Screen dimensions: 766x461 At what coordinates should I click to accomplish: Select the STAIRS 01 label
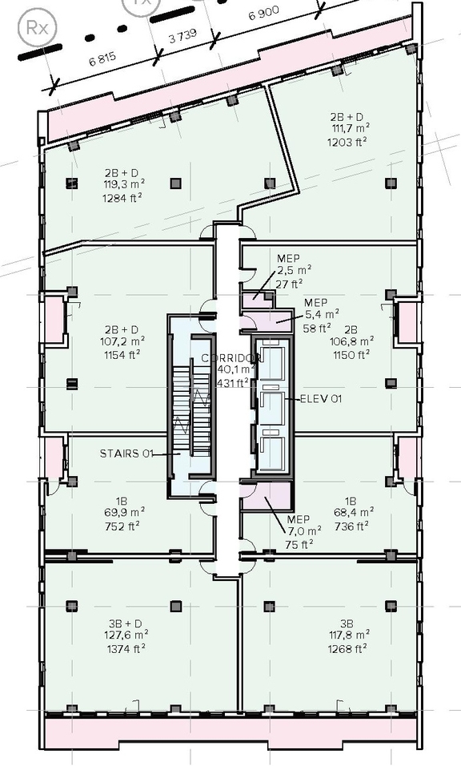126,454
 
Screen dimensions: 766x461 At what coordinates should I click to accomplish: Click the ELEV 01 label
321,398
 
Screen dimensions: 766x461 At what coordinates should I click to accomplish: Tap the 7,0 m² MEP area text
303,530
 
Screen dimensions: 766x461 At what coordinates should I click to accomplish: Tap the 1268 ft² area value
348,648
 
